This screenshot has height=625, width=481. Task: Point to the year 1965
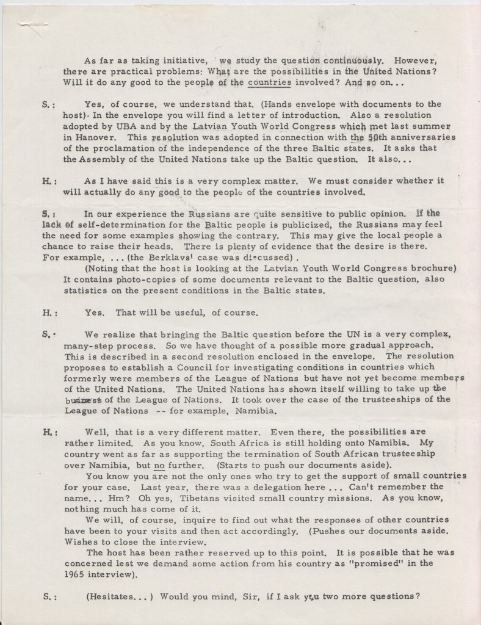tap(75, 575)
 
